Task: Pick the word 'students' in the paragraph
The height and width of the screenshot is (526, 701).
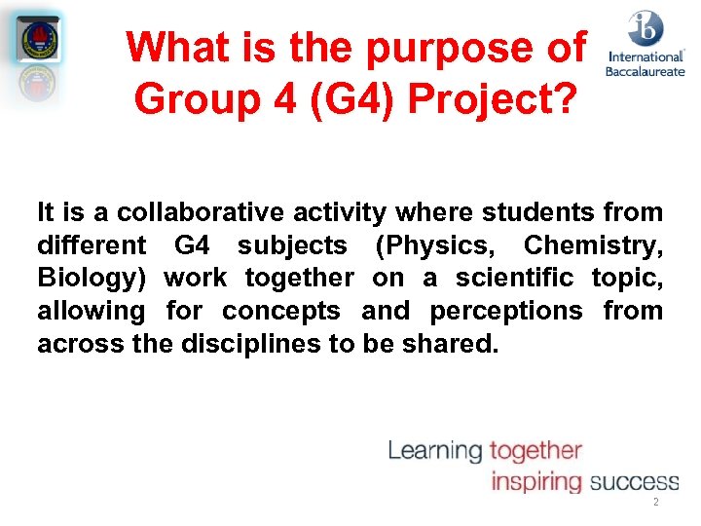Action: pyautogui.click(x=539, y=212)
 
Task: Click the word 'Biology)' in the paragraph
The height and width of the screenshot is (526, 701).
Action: pyautogui.click(x=92, y=279)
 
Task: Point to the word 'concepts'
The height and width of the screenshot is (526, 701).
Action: pyautogui.click(x=281, y=311)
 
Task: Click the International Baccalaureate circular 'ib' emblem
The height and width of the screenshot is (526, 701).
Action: pyautogui.click(x=645, y=28)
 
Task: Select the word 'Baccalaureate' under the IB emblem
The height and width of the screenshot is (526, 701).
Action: pyautogui.click(x=645, y=71)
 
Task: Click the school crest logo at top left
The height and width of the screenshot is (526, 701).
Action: pyautogui.click(x=40, y=40)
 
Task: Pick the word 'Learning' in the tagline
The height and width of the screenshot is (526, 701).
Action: pyautogui.click(x=435, y=450)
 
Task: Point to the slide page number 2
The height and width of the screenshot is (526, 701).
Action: pyautogui.click(x=655, y=503)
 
